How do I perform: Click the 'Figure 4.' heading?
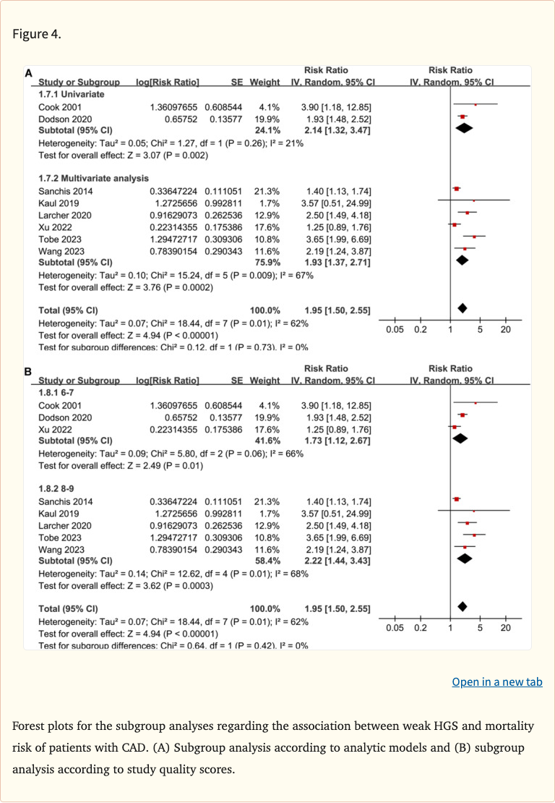(37, 34)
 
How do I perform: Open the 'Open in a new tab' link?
(496, 681)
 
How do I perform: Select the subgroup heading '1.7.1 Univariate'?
(72, 94)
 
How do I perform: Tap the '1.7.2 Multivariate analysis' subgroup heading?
(93, 178)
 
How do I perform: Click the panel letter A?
(28, 73)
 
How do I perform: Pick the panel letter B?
(28, 372)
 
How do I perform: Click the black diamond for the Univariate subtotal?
(463, 129)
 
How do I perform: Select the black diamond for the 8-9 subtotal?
(465, 558)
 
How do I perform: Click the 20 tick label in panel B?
(505, 628)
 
